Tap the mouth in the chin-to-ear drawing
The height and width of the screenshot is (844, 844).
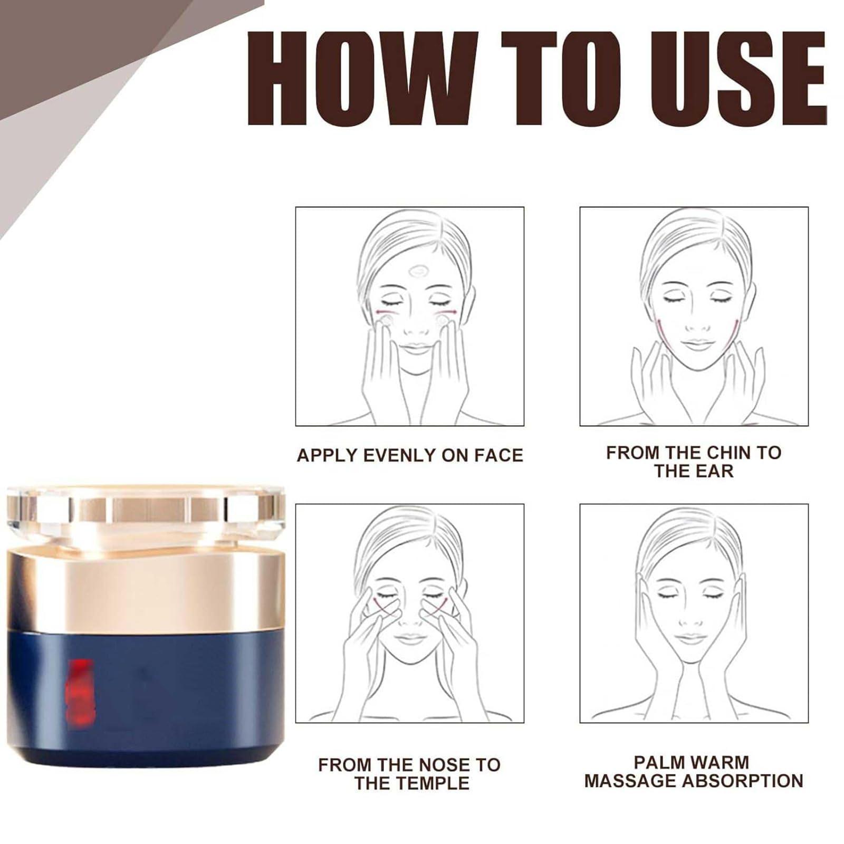[697, 346]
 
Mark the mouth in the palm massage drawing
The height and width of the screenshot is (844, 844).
[690, 639]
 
